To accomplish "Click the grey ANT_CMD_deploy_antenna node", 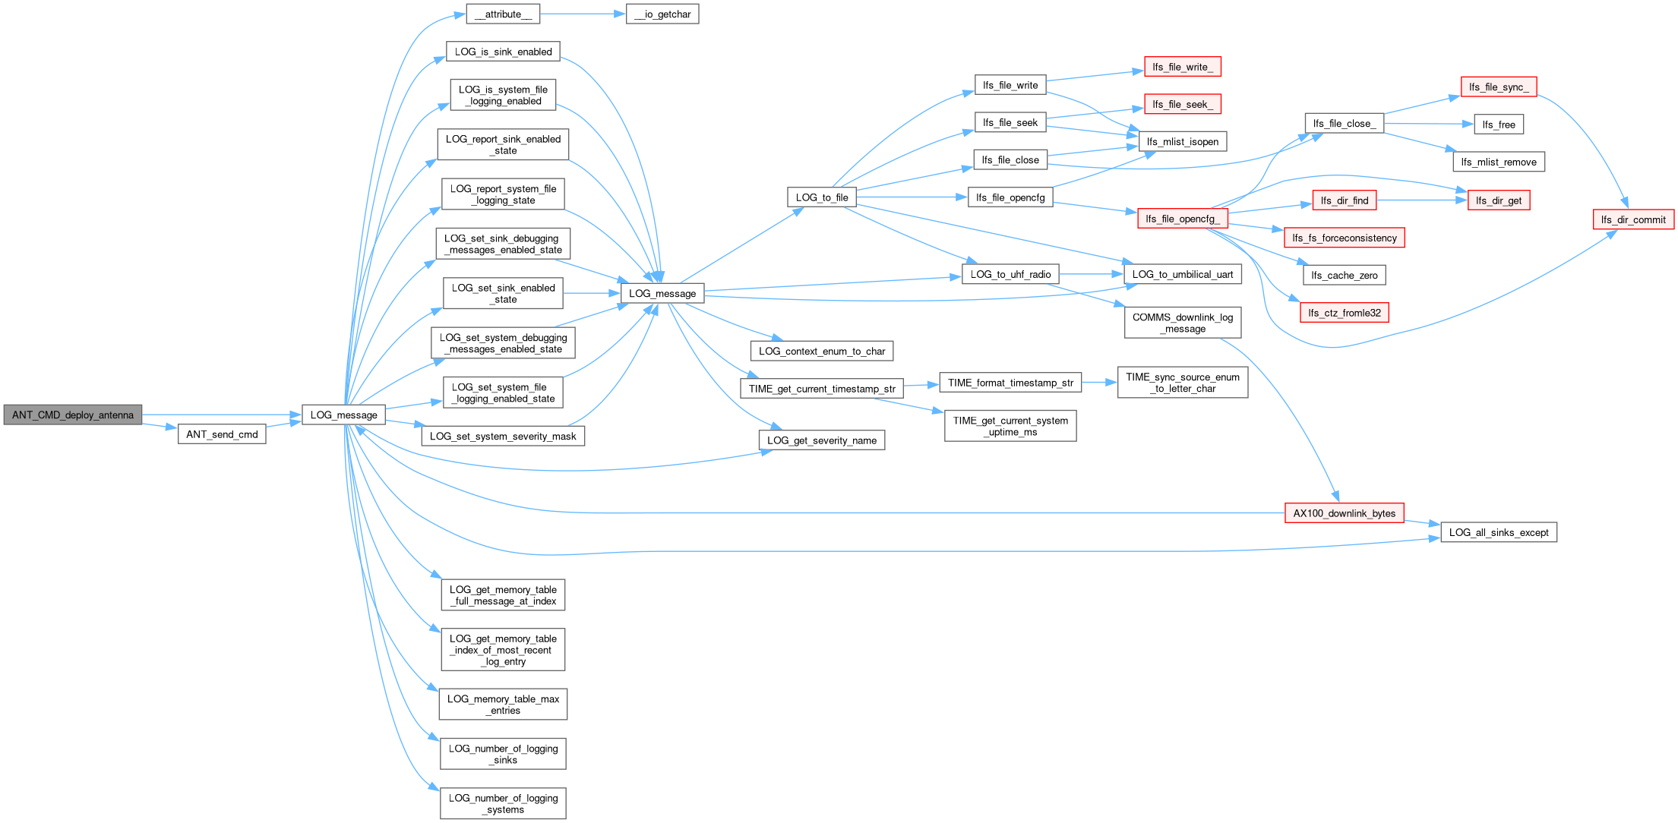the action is [x=73, y=415].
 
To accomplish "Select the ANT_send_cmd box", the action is [x=222, y=434].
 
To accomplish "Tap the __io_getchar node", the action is [x=662, y=14].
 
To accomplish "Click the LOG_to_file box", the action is [x=822, y=197].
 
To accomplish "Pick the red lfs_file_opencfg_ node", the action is [x=1182, y=219].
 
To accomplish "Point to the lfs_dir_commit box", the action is [x=1633, y=219].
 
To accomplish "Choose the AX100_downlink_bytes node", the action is [x=1345, y=513].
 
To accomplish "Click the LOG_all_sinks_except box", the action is [x=1499, y=532].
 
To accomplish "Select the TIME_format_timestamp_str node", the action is [x=1010, y=383].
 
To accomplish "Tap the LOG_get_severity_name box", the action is [x=822, y=440].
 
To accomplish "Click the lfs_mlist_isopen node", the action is [x=1183, y=141].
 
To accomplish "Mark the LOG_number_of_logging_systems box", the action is [x=503, y=803].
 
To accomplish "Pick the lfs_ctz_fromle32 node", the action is [x=1345, y=313].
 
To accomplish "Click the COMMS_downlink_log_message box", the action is [x=1183, y=323].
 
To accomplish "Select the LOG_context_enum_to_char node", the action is [x=822, y=351].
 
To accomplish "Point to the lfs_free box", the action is [x=1499, y=125].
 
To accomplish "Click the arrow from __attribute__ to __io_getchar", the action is [x=583, y=14].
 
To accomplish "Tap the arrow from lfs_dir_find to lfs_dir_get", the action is [x=1422, y=200].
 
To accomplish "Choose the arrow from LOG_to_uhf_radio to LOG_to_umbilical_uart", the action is [x=1092, y=274].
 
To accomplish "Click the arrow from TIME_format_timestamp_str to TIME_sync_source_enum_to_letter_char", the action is [x=1099, y=383].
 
